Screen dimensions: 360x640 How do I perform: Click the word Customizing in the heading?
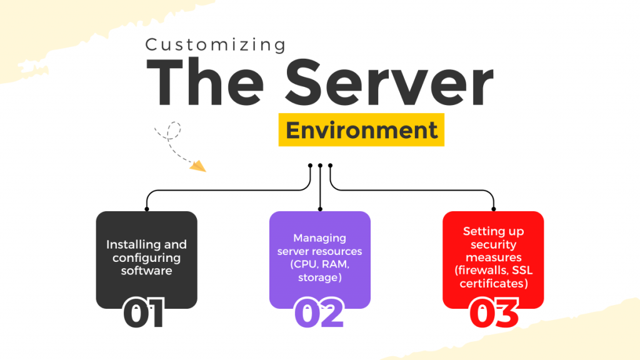(x=216, y=46)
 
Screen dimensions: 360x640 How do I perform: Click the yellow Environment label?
(x=361, y=130)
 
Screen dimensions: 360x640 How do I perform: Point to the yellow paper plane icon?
(x=197, y=165)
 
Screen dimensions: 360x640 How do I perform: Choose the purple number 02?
(x=319, y=312)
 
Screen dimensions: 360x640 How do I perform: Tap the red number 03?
(x=494, y=312)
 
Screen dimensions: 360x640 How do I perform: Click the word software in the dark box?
(x=146, y=271)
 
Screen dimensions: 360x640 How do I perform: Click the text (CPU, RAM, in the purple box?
(x=319, y=264)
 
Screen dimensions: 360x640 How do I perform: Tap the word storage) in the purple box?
(x=319, y=277)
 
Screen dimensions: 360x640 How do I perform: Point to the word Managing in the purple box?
(x=319, y=237)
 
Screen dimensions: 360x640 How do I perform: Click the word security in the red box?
(x=493, y=244)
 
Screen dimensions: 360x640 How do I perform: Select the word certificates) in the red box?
(x=493, y=284)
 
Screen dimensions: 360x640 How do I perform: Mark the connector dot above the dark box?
(x=147, y=209)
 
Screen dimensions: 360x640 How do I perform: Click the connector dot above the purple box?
(x=320, y=209)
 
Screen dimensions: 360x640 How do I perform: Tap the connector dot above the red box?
(x=493, y=209)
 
